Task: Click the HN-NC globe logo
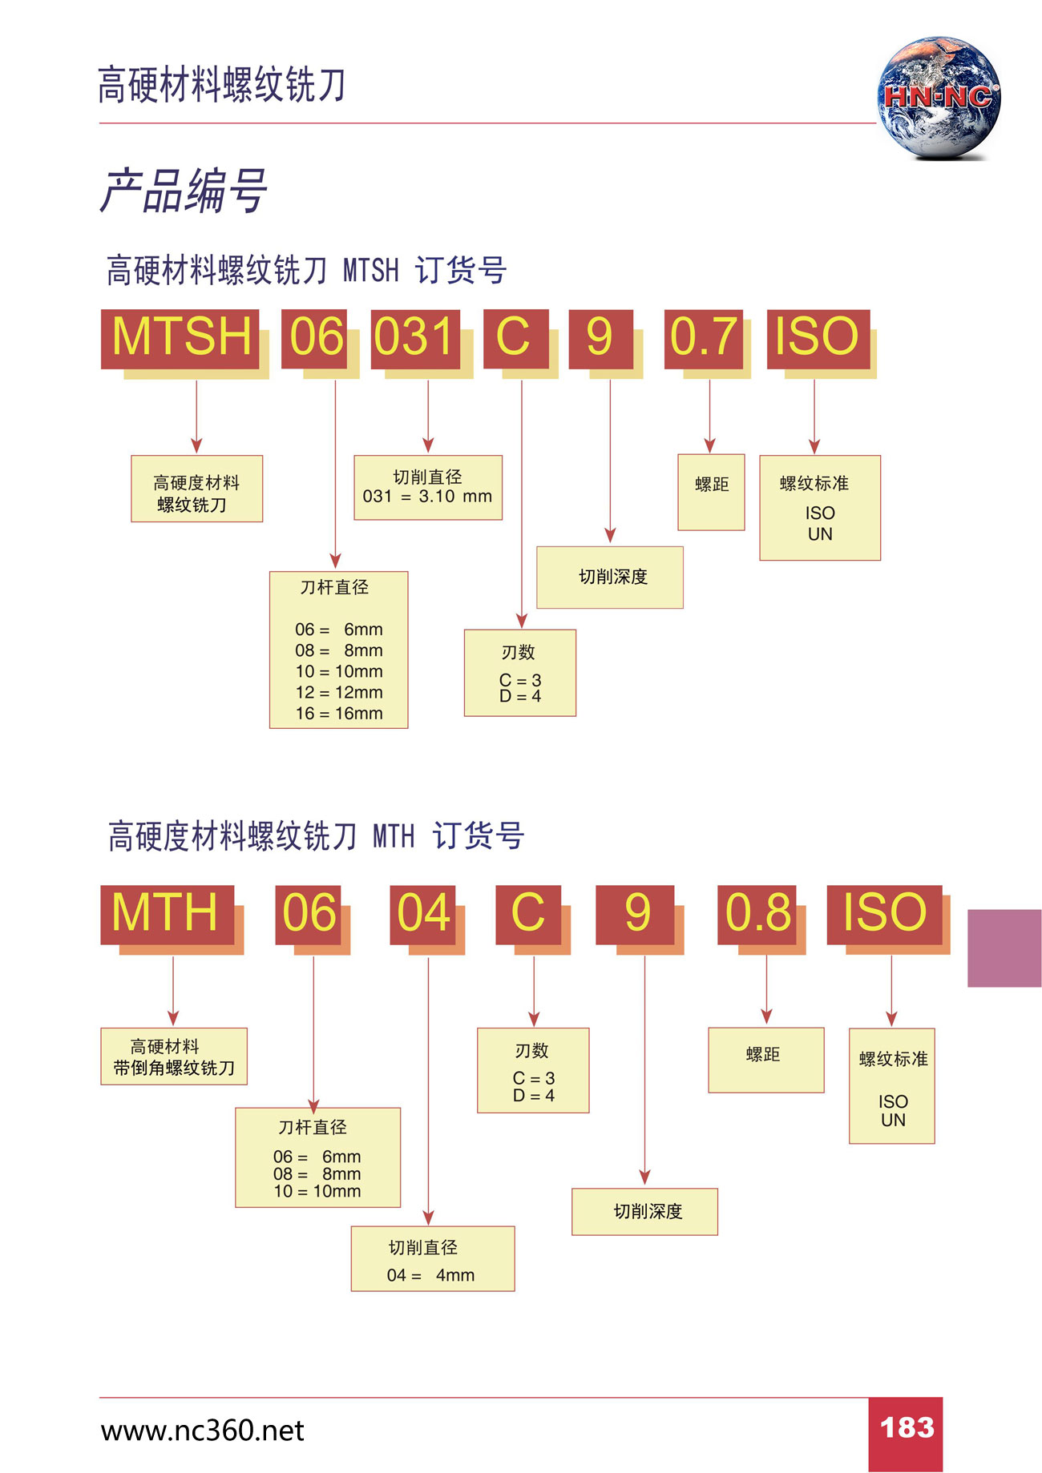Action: tap(938, 98)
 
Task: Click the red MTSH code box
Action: tap(180, 338)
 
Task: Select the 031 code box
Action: tap(415, 338)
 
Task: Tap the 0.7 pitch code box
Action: tap(703, 338)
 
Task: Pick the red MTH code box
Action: tap(167, 914)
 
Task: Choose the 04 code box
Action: tap(423, 914)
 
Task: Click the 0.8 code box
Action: tap(757, 914)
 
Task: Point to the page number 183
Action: tap(907, 1428)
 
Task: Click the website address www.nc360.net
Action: tap(202, 1431)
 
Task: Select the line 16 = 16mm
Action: tap(338, 713)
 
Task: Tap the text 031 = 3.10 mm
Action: tap(427, 497)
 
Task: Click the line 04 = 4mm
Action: tap(430, 1275)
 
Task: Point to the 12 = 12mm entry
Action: tap(338, 692)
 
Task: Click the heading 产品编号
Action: tap(183, 191)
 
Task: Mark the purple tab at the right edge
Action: tap(1004, 948)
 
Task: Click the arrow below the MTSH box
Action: tap(196, 417)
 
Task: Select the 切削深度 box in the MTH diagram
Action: tap(645, 1211)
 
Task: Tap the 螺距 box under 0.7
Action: tap(711, 491)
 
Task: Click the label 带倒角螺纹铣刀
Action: tap(174, 1068)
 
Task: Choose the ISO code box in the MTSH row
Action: tap(818, 338)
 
